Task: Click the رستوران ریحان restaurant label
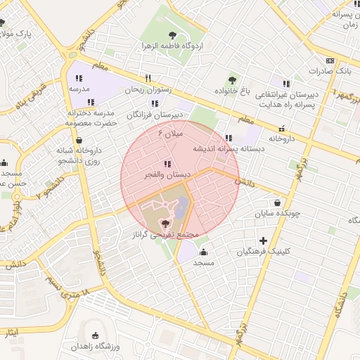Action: coord(144,90)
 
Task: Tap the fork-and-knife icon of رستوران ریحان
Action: coord(148,78)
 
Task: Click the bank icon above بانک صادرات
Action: coord(330,60)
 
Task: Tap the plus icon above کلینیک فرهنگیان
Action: coord(264,240)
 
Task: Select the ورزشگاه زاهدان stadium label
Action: coord(96,347)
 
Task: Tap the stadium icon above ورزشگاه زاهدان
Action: coord(96,335)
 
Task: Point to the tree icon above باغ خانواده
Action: coord(233,80)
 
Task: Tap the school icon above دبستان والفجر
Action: coord(166,164)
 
